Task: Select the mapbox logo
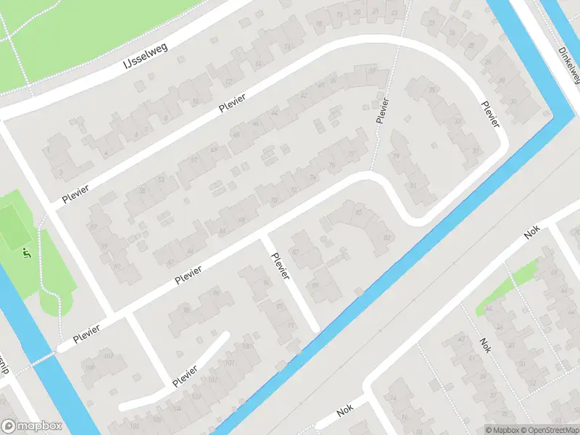[31, 426]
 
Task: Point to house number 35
[433, 90]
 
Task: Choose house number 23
[432, 23]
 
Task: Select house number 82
[387, 237]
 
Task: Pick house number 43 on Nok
[461, 340]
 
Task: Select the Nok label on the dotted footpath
[485, 345]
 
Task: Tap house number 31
[413, 185]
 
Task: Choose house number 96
[216, 293]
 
